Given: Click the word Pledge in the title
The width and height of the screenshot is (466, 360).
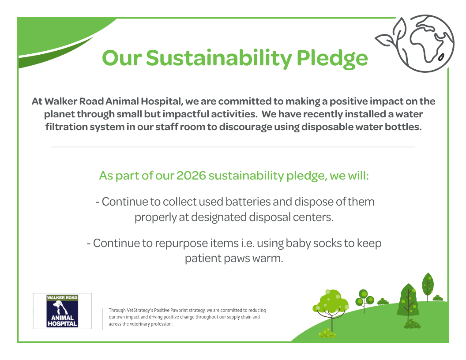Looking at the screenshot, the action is point(332,58).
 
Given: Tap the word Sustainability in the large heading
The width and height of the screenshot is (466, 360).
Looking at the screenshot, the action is point(219,58).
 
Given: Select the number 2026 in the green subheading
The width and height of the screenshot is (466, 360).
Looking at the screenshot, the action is point(191,176).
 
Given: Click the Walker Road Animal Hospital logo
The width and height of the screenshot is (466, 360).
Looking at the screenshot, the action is point(62,311).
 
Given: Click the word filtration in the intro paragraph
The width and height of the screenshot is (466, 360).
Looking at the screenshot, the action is point(66,127).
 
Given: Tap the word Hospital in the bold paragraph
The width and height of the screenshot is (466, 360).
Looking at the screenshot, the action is point(161,101).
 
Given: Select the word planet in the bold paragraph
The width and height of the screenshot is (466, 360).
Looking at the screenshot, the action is point(59,114).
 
